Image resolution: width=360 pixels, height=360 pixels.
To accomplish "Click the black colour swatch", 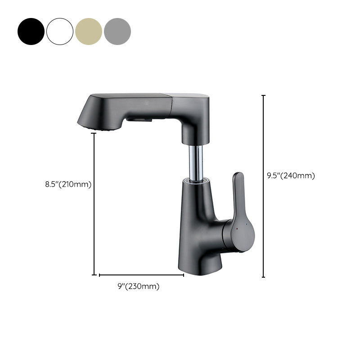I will coord(31,31).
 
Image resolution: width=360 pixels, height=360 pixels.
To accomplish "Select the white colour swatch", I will coord(60,31).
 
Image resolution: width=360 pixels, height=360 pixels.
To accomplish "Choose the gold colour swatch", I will coord(89,31).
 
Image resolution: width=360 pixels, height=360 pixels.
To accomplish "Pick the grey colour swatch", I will coord(117,31).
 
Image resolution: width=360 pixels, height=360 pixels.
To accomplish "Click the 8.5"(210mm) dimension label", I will coord(68,184).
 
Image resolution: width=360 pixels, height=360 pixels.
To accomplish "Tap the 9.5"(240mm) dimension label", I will coord(291,175).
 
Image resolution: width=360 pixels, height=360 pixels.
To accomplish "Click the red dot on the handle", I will coord(237,229).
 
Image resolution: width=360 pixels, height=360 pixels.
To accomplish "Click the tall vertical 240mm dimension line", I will coord(264,202).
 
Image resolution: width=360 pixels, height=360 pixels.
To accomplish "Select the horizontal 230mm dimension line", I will coord(141,274).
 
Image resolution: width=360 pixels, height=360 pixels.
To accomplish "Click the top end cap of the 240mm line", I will coord(264,95).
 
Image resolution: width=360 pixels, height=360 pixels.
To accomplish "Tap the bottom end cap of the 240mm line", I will coord(264,277).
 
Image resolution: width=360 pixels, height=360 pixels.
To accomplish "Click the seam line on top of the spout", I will coord(169,96).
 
